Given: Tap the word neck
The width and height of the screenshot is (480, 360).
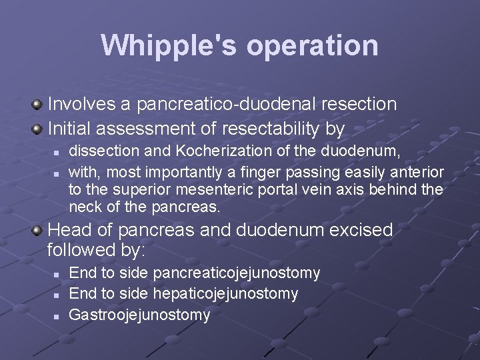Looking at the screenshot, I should pos(85,207).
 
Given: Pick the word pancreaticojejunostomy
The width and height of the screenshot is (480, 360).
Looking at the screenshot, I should pos(237,273).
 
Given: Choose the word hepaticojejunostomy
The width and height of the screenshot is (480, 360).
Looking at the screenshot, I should pos(225,294).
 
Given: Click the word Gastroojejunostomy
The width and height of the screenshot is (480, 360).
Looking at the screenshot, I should pos(139,315).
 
